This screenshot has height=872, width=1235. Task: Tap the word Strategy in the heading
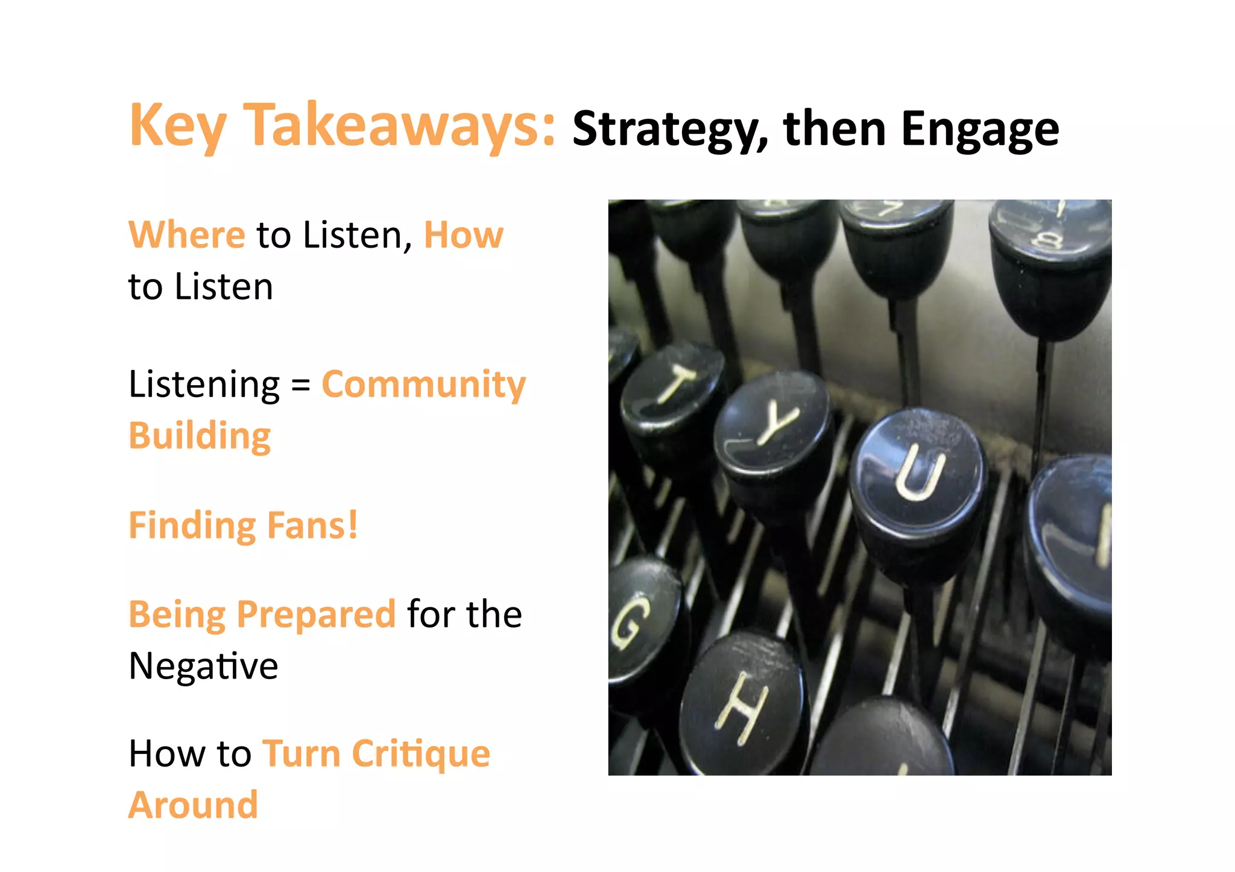tap(669, 129)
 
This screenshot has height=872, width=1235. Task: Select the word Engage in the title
tap(979, 129)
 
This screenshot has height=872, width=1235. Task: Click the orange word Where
tap(187, 234)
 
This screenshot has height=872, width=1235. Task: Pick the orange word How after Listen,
tap(463, 234)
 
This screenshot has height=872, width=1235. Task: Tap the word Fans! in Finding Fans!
tap(312, 525)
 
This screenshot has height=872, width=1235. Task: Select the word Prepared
tap(316, 614)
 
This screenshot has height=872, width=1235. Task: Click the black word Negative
tap(203, 666)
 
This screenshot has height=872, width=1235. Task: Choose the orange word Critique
tap(421, 754)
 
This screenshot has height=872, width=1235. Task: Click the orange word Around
tap(193, 805)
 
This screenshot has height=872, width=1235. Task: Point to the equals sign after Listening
tap(300, 386)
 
